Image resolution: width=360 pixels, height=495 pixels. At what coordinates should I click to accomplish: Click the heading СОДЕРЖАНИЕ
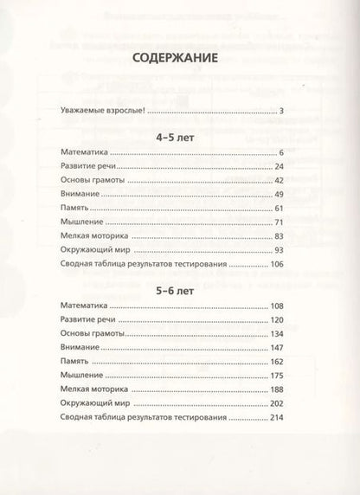click(x=178, y=60)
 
